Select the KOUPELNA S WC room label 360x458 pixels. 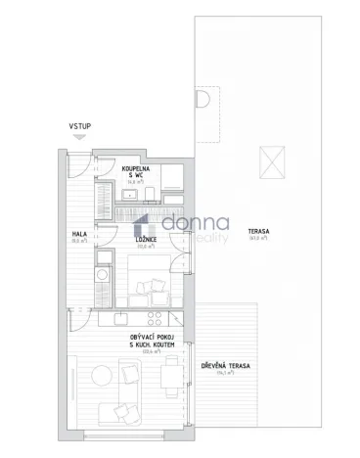[x=135, y=172]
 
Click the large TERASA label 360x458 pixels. [x=259, y=231]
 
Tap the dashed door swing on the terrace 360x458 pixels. [x=203, y=102]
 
